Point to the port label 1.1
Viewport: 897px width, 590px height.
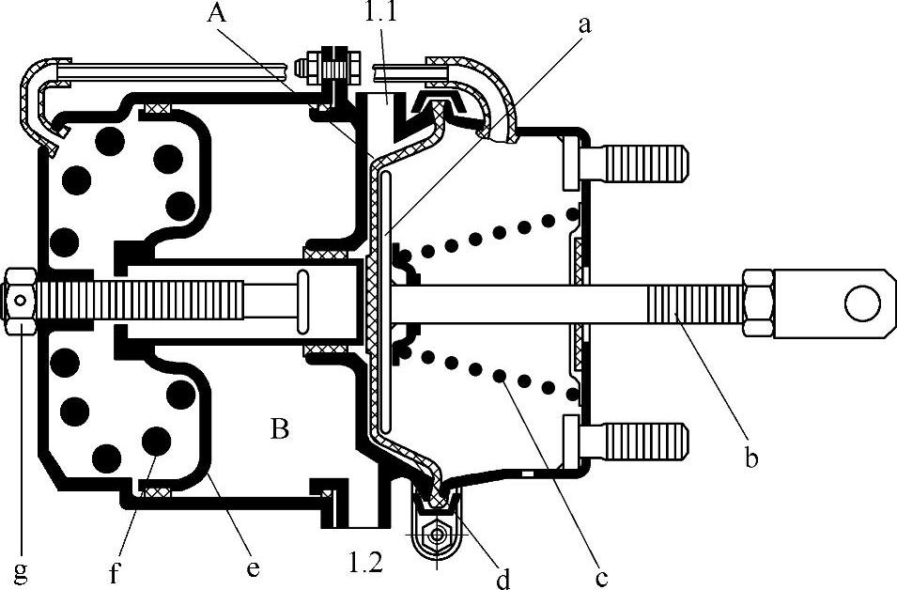click(380, 11)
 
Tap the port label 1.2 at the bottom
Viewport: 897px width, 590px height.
click(365, 563)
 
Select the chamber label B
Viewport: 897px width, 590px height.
click(279, 428)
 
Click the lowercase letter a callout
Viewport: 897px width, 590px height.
click(584, 25)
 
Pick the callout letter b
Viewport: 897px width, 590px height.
click(751, 458)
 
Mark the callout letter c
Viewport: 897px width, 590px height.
click(601, 578)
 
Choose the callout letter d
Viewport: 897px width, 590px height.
click(503, 578)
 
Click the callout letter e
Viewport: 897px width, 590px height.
click(253, 568)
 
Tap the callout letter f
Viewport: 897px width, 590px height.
click(115, 572)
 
